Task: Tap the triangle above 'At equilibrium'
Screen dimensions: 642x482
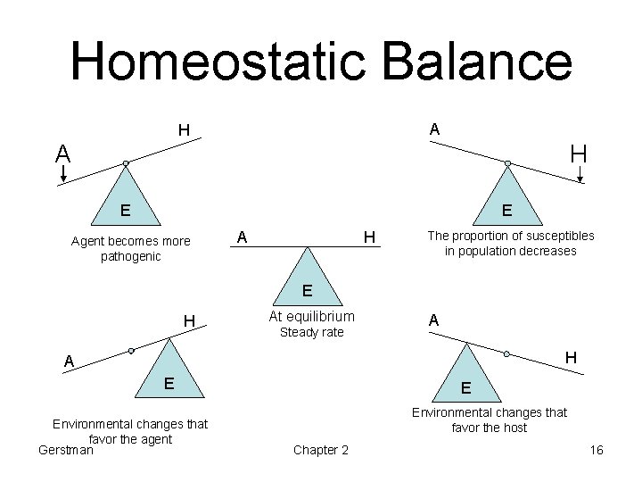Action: coord(306,281)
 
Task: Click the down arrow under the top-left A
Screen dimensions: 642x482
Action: coord(62,175)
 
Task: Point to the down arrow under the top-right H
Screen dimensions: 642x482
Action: coord(580,175)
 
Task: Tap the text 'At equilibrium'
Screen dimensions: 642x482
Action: coord(311,316)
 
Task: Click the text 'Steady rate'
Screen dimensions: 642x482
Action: coord(311,332)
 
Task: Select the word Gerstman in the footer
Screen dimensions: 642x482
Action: coord(67,450)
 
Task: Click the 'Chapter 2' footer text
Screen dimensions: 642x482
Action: coord(321,450)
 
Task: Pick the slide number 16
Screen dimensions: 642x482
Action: coord(597,450)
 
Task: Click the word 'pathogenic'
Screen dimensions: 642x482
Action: coord(130,256)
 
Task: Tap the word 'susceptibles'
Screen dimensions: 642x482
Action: coord(561,236)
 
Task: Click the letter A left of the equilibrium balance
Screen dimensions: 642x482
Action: coord(242,237)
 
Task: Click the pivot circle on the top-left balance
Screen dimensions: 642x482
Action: coord(126,163)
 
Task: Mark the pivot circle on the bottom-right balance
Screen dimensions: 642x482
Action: coord(505,353)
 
